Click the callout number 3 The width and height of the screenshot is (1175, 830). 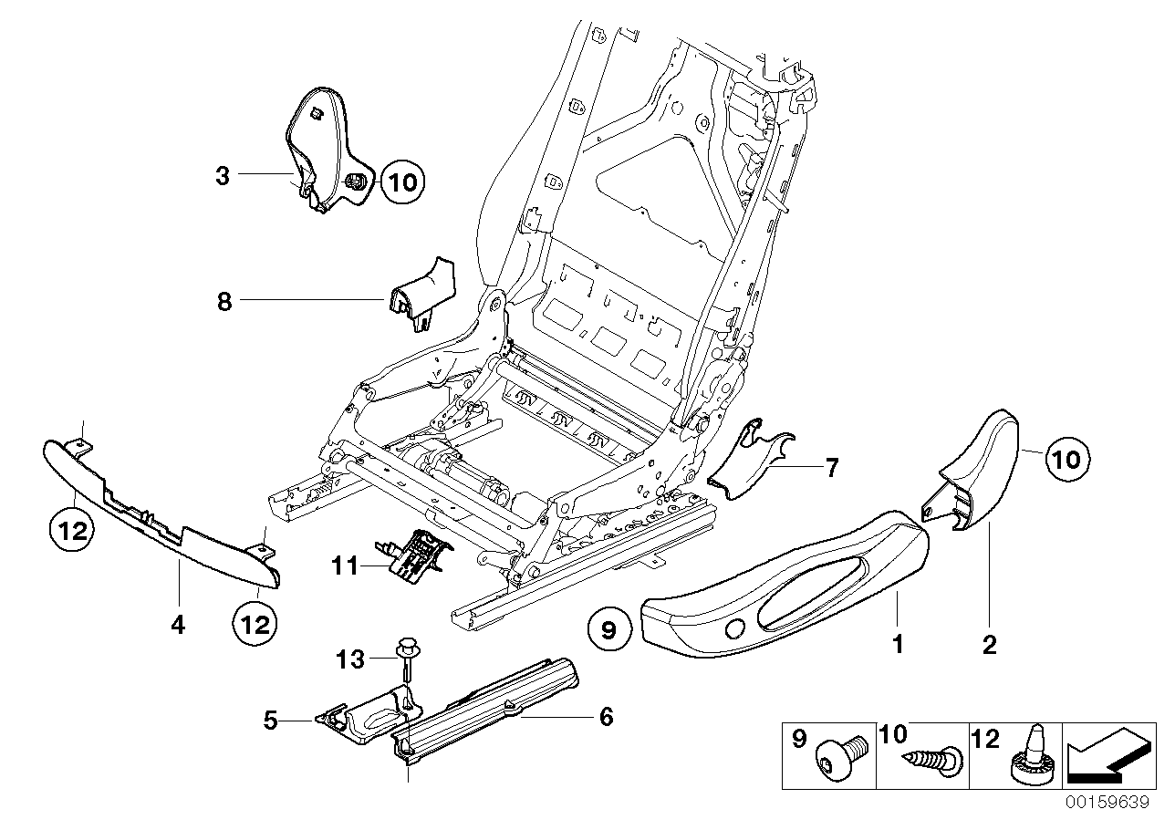click(x=223, y=175)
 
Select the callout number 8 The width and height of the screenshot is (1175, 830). click(x=224, y=302)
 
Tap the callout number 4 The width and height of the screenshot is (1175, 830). click(x=178, y=625)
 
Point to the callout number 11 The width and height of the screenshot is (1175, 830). click(x=346, y=566)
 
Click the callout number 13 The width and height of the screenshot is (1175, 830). click(x=351, y=658)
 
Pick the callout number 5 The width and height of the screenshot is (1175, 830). click(x=270, y=721)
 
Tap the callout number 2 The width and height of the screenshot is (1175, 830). click(x=989, y=645)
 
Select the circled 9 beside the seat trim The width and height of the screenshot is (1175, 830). click(x=609, y=628)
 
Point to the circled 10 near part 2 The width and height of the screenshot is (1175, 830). click(x=1066, y=458)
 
